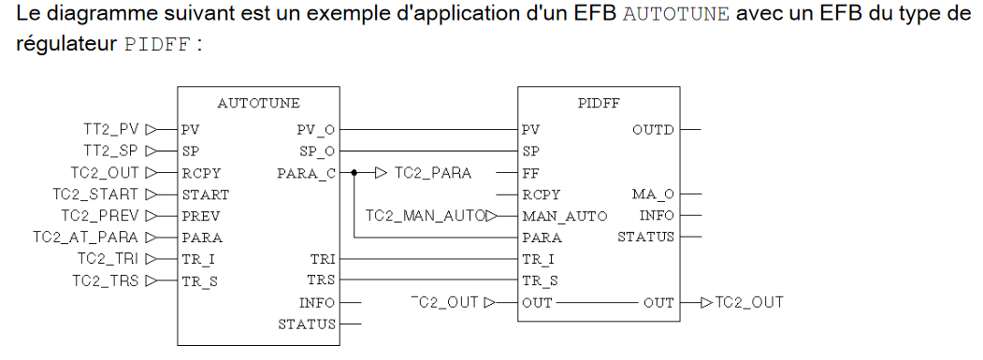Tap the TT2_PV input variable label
point(111,130)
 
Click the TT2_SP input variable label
point(111,151)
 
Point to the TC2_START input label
point(95,194)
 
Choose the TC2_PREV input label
point(100,216)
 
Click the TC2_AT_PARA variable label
point(86,238)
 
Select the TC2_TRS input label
point(106,281)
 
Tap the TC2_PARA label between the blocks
point(433,173)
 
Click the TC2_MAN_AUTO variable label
point(426,216)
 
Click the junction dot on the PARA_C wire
point(354,172)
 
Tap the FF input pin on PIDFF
point(529,173)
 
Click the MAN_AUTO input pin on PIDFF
point(564,217)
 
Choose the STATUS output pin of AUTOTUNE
point(307,324)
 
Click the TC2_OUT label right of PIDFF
point(749,303)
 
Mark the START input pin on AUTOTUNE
point(206,194)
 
